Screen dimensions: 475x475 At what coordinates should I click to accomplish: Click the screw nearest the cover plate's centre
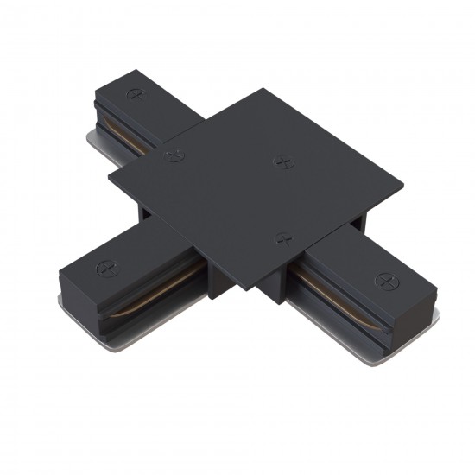point(280,161)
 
